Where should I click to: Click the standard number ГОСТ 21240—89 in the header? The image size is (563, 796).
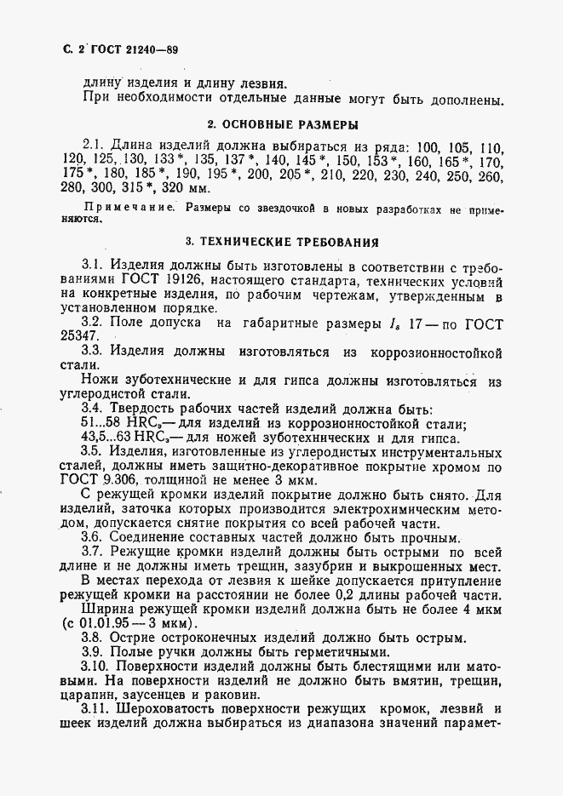click(x=128, y=50)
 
